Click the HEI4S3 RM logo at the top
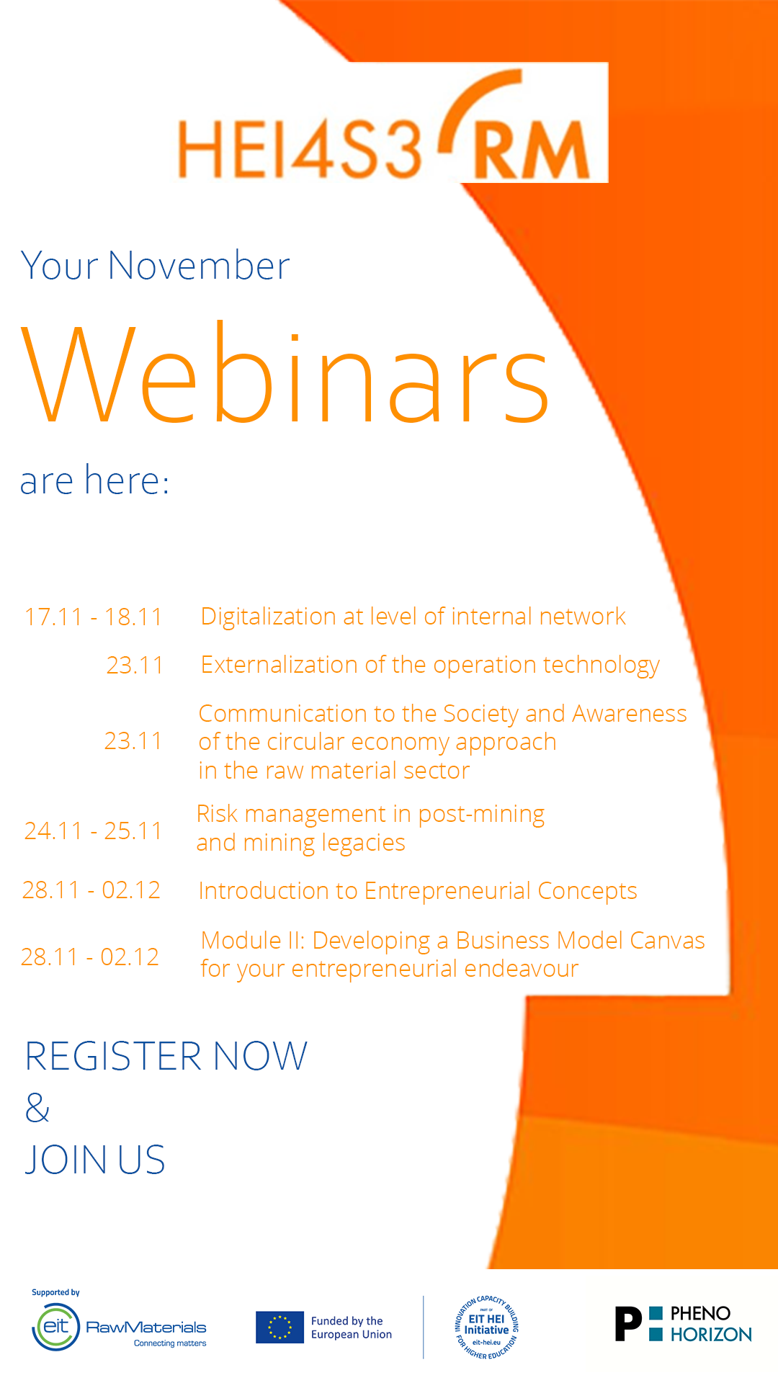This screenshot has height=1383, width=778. click(384, 126)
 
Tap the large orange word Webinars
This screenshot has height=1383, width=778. click(286, 373)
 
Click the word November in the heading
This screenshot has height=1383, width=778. click(199, 266)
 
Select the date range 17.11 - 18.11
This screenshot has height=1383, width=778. click(94, 617)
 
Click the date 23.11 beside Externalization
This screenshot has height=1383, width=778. click(135, 665)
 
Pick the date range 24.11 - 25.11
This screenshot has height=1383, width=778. click(93, 831)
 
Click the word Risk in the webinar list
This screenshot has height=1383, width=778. click(217, 814)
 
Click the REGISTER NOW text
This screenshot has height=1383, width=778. click(166, 1056)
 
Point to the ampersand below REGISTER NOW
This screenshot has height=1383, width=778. click(37, 1108)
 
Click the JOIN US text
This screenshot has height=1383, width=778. click(95, 1160)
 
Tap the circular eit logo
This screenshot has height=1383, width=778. click(56, 1327)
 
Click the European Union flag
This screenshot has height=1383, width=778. click(280, 1328)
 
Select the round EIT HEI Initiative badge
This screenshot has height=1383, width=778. click(487, 1327)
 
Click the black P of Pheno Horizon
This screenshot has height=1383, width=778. click(628, 1324)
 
